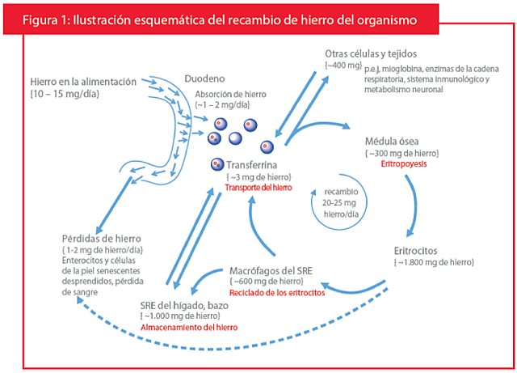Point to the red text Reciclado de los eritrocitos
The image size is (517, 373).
277,292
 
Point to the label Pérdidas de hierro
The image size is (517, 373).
102,238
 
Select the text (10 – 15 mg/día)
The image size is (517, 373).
64,95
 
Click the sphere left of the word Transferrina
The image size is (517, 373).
217,165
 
